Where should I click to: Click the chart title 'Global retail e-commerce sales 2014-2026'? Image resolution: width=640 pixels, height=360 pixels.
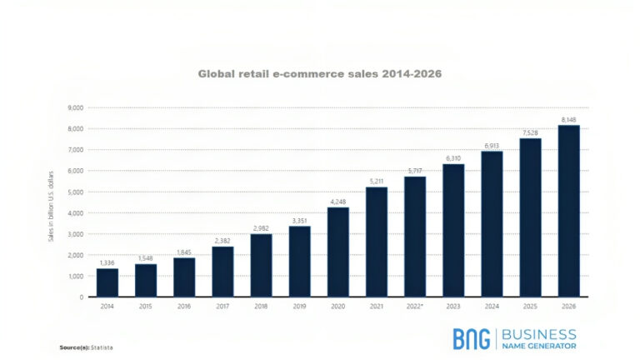(x=319, y=73)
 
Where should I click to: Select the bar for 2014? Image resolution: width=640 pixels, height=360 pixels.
(x=107, y=282)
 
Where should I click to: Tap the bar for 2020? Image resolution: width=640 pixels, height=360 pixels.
(x=337, y=252)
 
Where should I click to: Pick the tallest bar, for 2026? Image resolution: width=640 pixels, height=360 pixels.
(x=568, y=211)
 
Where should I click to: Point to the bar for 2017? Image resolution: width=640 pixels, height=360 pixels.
(x=222, y=272)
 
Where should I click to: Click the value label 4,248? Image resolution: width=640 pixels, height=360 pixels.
(x=337, y=201)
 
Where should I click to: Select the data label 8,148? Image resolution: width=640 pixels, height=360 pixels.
(x=568, y=118)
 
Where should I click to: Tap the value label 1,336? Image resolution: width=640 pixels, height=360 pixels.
(x=107, y=262)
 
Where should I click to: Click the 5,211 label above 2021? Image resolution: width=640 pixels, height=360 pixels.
(x=376, y=181)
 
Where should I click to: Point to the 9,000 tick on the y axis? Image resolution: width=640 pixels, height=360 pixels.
(x=75, y=107)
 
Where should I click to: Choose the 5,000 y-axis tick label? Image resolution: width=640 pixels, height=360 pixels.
(x=75, y=192)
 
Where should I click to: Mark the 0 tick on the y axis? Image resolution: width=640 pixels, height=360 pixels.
(x=81, y=297)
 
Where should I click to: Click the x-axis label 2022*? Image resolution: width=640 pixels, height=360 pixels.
(x=415, y=307)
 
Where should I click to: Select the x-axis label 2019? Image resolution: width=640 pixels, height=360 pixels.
(x=299, y=307)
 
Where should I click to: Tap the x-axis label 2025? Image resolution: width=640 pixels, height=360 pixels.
(x=530, y=307)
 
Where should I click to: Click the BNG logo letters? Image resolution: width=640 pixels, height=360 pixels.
(x=472, y=338)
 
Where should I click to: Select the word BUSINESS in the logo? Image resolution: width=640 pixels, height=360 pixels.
(x=538, y=333)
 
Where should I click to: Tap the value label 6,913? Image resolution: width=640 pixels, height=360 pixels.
(x=492, y=145)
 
